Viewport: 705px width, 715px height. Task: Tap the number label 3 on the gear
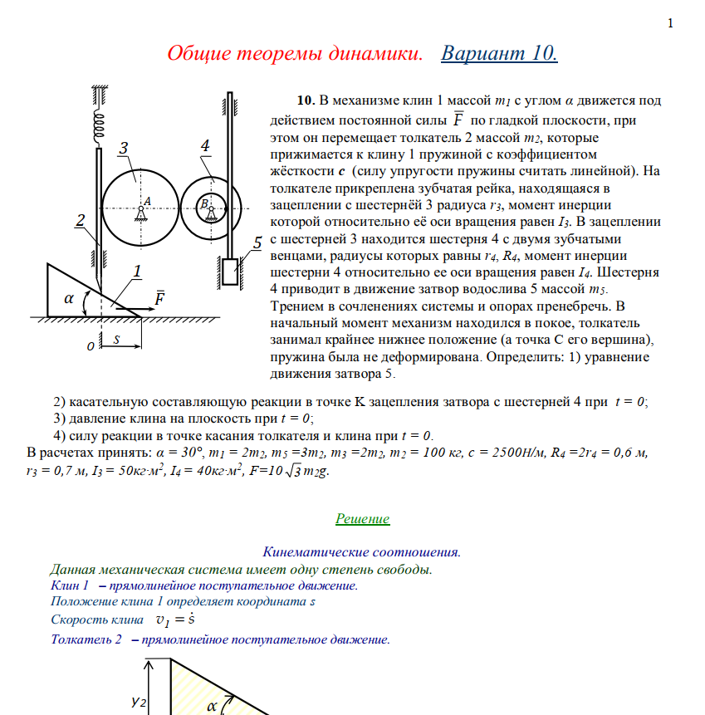(124, 149)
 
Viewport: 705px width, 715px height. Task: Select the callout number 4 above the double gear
(204, 146)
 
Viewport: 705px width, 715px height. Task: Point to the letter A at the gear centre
(146, 200)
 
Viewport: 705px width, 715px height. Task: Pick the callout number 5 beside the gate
(258, 242)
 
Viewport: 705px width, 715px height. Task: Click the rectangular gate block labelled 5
(230, 272)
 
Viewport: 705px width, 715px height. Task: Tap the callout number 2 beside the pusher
(81, 220)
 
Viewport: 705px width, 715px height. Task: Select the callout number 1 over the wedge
(137, 271)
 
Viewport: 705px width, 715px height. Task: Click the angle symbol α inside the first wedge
(70, 299)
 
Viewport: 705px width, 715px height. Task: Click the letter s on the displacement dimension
(117, 339)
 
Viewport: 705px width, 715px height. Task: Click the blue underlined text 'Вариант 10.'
(499, 54)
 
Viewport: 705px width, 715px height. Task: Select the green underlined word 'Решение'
(362, 519)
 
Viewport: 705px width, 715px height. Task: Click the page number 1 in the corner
(670, 22)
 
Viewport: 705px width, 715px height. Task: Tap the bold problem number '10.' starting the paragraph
(306, 101)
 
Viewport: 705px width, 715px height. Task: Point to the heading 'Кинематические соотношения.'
(362, 551)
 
